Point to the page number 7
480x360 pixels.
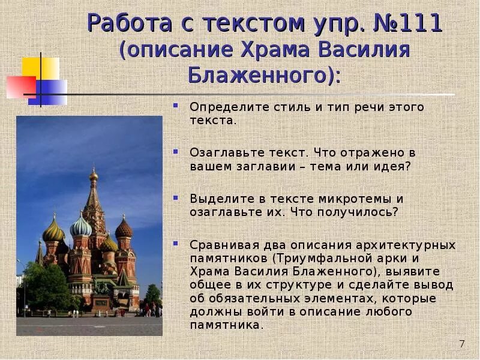[461, 344]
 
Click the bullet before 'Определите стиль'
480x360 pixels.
[176, 106]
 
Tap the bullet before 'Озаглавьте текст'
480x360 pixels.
[176, 152]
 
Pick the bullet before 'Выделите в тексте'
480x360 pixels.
[176, 197]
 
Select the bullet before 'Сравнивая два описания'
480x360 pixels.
[176, 243]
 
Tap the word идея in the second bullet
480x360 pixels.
[395, 166]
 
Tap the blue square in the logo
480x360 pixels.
[50, 91]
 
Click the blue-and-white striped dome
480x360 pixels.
[80, 227]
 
